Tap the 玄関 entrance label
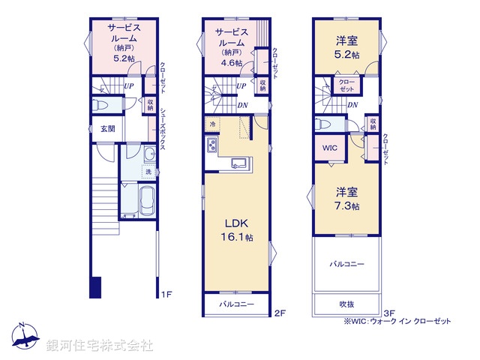[x=106, y=129]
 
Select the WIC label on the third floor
[x=330, y=148]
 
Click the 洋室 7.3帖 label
[x=347, y=198]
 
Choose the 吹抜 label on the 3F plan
[x=346, y=304]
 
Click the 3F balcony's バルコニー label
[x=346, y=264]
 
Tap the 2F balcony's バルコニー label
[x=237, y=304]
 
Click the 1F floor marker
[x=167, y=295]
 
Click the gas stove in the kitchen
[x=212, y=145]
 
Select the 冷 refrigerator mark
[x=213, y=123]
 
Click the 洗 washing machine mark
[x=148, y=172]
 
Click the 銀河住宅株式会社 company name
[x=99, y=345]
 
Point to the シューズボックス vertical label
[x=163, y=124]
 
